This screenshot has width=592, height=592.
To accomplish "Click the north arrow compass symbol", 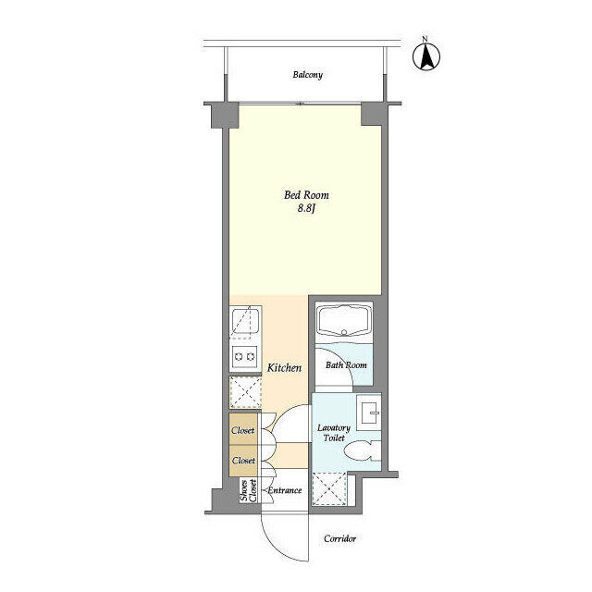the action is pyautogui.click(x=425, y=56).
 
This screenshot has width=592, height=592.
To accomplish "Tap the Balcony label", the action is pyautogui.click(x=308, y=75).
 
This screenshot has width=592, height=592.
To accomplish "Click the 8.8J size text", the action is pyautogui.click(x=306, y=208).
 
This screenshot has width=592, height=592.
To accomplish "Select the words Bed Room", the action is pyautogui.click(x=306, y=195).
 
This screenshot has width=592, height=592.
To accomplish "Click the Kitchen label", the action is pyautogui.click(x=284, y=368).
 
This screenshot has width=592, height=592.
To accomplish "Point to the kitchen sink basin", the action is pyautogui.click(x=245, y=321).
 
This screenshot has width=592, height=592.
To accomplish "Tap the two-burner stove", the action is pyautogui.click(x=244, y=356).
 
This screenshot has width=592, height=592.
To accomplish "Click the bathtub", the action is pyautogui.click(x=344, y=321).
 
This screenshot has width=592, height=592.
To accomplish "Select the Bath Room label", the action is pyautogui.click(x=346, y=365).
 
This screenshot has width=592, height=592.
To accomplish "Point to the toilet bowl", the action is pyautogui.click(x=358, y=450).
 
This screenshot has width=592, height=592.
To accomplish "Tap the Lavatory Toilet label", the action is pyautogui.click(x=334, y=433).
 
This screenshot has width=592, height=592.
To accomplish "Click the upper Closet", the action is pyautogui.click(x=242, y=430).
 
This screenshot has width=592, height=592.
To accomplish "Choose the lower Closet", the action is pyautogui.click(x=243, y=461).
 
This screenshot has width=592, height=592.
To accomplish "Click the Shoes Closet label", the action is pyautogui.click(x=249, y=491).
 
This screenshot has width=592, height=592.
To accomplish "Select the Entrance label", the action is pyautogui.click(x=284, y=490).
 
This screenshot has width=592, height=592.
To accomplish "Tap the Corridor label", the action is pyautogui.click(x=339, y=538).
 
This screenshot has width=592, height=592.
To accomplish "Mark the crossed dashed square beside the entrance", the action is pyautogui.click(x=330, y=488).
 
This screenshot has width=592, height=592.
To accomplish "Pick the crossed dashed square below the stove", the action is pyautogui.click(x=246, y=392).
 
